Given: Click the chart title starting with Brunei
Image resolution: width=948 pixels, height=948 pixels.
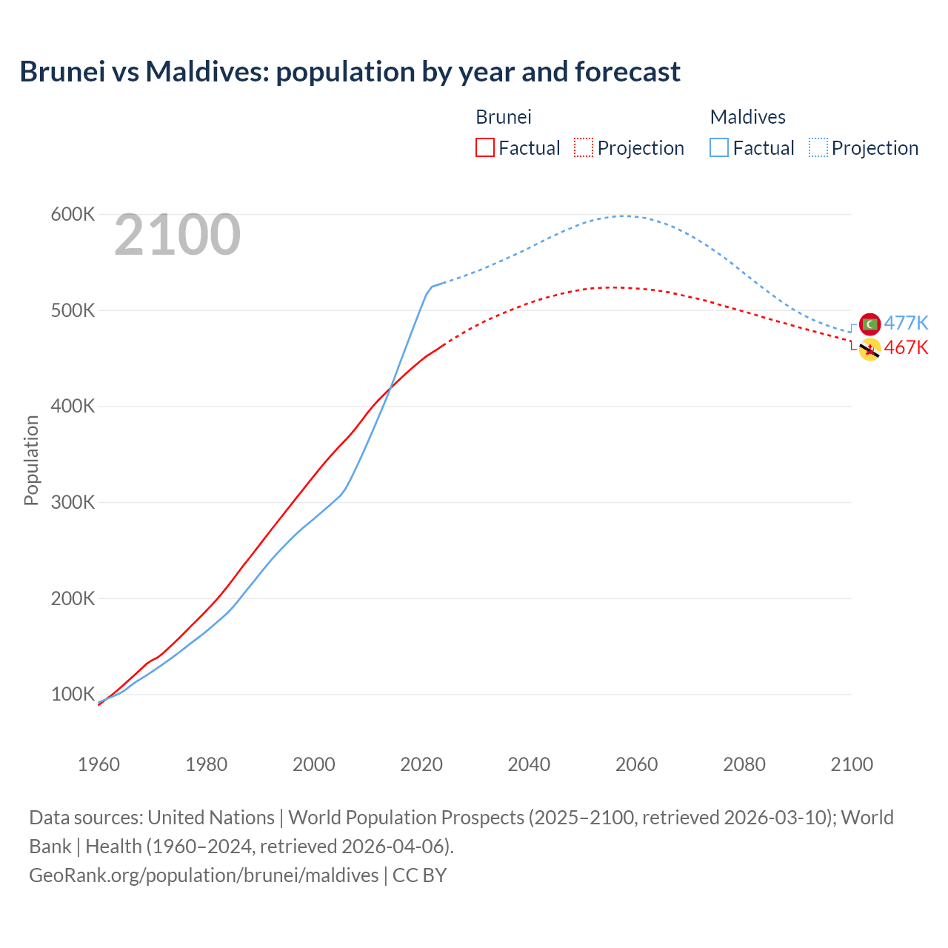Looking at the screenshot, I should [350, 72].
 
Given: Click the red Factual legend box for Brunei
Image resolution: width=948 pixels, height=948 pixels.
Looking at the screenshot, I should [484, 147].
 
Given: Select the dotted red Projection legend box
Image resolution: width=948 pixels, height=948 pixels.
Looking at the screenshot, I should [584, 147].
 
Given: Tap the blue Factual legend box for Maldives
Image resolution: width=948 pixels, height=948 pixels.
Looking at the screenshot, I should [718, 147].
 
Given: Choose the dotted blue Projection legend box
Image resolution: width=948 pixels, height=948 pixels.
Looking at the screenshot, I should [818, 147].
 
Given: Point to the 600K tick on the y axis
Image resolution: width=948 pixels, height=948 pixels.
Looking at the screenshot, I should [73, 215].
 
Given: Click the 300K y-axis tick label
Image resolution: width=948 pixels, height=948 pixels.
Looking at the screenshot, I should [73, 502].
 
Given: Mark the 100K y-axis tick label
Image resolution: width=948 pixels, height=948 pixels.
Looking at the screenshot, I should [73, 694].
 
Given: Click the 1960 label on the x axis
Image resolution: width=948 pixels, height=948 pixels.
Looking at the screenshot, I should [99, 764].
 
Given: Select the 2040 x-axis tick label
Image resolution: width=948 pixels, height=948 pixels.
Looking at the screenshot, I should [529, 764].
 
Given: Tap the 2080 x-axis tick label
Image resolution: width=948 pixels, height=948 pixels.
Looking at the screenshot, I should [744, 764].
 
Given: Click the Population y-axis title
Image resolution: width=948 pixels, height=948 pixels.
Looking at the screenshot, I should [31, 460].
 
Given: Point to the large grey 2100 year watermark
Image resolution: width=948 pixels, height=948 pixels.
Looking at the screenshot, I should [177, 235].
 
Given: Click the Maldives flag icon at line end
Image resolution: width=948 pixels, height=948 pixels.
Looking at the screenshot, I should [869, 324].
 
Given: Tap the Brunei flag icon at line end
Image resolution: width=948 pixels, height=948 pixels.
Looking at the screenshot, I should [869, 350].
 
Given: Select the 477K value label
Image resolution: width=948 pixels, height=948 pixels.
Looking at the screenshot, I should [906, 323].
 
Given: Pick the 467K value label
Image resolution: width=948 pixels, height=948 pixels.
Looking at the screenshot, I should [906, 347].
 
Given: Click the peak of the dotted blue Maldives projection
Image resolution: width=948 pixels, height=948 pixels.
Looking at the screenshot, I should [624, 216].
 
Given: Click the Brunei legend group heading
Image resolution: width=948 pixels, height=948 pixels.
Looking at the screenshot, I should [503, 117].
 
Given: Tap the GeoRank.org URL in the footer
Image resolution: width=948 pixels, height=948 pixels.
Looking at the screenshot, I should [204, 875].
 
